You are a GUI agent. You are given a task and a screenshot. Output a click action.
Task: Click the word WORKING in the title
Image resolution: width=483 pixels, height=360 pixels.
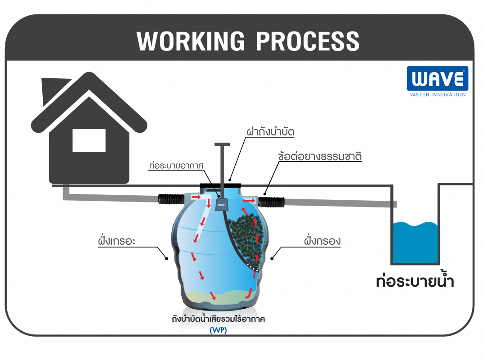(x=191, y=41)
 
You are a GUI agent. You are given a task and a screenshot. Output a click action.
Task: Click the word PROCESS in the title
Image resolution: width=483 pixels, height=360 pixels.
(x=308, y=41)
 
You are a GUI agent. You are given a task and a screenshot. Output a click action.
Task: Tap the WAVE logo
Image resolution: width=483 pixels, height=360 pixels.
(x=438, y=79)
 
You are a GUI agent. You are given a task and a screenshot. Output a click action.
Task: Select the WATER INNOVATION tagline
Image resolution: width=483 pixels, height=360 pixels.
(x=438, y=94)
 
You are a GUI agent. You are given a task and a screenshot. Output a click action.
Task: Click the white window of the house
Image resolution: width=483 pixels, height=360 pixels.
(x=89, y=140)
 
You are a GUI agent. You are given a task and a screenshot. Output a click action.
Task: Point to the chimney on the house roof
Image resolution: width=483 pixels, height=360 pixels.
(x=54, y=91)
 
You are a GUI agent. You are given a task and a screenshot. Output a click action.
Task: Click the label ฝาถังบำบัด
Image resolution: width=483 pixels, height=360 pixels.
(x=270, y=131)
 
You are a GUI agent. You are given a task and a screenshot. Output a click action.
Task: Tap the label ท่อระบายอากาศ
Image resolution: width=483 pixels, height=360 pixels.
(x=176, y=165)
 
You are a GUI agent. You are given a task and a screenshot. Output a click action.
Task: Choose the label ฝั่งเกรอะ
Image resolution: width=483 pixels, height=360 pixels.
(x=117, y=240)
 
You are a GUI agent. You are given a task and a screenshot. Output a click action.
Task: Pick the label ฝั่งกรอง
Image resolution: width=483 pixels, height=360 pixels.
(x=322, y=240)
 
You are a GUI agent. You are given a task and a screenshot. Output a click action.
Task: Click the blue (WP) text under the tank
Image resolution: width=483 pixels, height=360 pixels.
(x=218, y=330)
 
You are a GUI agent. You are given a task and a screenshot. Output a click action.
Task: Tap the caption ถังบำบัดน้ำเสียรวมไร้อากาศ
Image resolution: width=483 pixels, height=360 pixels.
(x=218, y=319)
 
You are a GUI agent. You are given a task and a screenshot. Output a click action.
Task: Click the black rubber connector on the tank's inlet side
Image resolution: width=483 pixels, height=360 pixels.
(x=171, y=199)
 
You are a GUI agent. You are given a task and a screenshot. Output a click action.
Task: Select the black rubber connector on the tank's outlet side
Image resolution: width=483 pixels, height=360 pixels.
(x=271, y=202)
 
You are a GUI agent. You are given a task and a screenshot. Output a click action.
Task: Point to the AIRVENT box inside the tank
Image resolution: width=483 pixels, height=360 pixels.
(x=222, y=205)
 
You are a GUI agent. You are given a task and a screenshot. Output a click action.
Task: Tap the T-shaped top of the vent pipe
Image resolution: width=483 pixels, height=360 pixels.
(x=222, y=144)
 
